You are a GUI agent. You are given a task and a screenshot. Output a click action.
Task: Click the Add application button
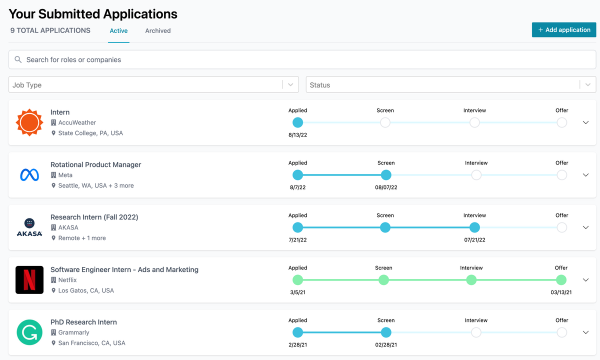pyautogui.click(x=564, y=30)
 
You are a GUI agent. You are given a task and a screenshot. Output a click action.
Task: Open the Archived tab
pyautogui.click(x=158, y=30)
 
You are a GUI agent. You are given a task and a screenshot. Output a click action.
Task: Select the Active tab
pyautogui.click(x=118, y=30)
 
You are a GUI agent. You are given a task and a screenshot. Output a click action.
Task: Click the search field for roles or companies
pyautogui.click(x=302, y=59)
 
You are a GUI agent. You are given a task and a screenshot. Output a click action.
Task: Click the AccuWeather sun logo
pyautogui.click(x=29, y=122)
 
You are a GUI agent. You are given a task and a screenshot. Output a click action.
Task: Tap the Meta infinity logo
pyautogui.click(x=29, y=175)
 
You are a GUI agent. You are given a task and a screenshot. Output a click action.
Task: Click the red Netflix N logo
pyautogui.click(x=29, y=280)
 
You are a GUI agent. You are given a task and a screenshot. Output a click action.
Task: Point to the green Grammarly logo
pyautogui.click(x=29, y=332)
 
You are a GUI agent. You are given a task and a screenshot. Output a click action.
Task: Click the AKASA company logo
pyautogui.click(x=29, y=227)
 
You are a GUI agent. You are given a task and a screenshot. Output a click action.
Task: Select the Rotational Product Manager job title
pyautogui.click(x=96, y=164)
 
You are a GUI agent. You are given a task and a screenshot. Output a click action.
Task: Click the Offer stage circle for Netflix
pyautogui.click(x=561, y=280)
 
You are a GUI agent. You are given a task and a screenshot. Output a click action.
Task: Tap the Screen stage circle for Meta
pyautogui.click(x=385, y=175)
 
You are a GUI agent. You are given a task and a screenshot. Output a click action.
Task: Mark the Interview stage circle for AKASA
pyautogui.click(x=474, y=227)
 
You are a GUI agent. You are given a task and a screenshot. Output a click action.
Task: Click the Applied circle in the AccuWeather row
pyautogui.click(x=297, y=122)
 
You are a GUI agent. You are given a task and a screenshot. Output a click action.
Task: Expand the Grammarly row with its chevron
pyautogui.click(x=586, y=332)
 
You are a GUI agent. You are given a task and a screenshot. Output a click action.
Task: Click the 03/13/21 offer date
pyautogui.click(x=561, y=292)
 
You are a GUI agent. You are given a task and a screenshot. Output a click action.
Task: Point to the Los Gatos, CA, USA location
pyautogui.click(x=86, y=290)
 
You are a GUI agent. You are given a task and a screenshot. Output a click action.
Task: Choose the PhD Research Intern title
pyautogui.click(x=83, y=322)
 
